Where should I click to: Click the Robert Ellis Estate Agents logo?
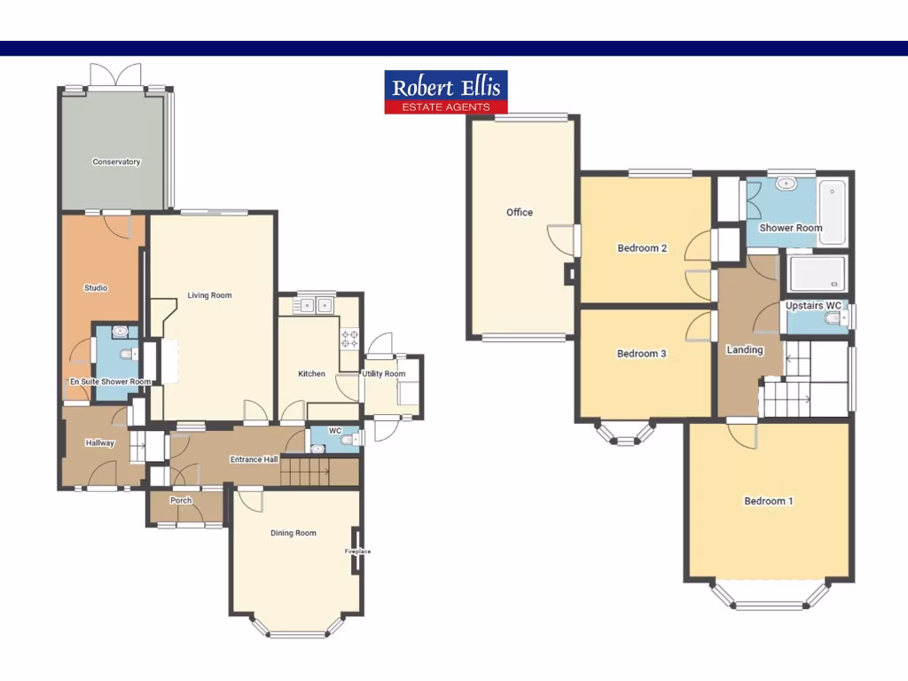pyautogui.click(x=446, y=92)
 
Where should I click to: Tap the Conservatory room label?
pyautogui.click(x=116, y=162)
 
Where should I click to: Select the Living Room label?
pyautogui.click(x=209, y=295)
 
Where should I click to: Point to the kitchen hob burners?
pyautogui.click(x=349, y=338)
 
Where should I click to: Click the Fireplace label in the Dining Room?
pyautogui.click(x=358, y=552)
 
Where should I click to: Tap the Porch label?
pyautogui.click(x=181, y=500)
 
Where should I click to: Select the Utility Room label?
pyautogui.click(x=384, y=374)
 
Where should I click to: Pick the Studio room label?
pyautogui.click(x=96, y=287)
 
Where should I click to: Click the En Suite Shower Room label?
pyautogui.click(x=111, y=382)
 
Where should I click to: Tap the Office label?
pyautogui.click(x=520, y=213)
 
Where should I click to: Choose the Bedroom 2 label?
pyautogui.click(x=642, y=248)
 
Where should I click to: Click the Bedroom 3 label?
pyautogui.click(x=642, y=354)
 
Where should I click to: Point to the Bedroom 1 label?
pyautogui.click(x=768, y=501)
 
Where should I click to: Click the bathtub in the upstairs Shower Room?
pyautogui.click(x=832, y=211)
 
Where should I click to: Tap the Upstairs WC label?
pyautogui.click(x=813, y=306)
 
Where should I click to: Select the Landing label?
pyautogui.click(x=745, y=349)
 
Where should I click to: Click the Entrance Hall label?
pyautogui.click(x=254, y=459)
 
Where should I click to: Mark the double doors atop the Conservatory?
pyautogui.click(x=116, y=76)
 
